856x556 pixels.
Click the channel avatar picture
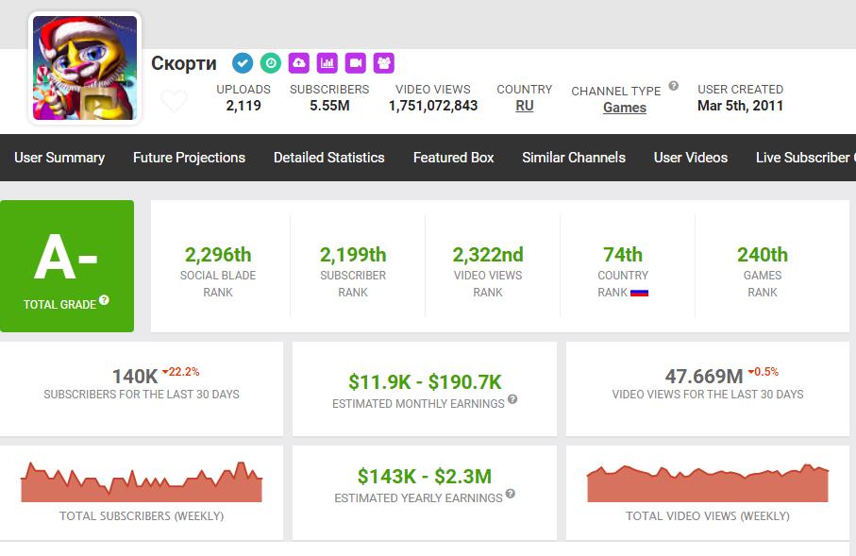(x=85, y=68)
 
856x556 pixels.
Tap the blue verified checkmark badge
(x=243, y=63)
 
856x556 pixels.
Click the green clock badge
(x=270, y=63)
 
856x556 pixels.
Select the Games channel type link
(x=625, y=108)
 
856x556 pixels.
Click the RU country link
(x=524, y=106)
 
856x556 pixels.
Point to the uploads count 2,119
(x=243, y=106)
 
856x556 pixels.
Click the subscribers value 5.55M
(x=329, y=106)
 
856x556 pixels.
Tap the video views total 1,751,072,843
(x=433, y=106)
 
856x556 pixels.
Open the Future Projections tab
(x=189, y=158)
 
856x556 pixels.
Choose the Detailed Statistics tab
(x=328, y=158)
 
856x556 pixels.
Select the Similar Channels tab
(x=574, y=158)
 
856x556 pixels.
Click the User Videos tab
(x=691, y=158)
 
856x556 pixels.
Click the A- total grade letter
(x=65, y=258)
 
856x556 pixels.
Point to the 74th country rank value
(x=623, y=255)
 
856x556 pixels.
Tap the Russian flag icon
(x=639, y=293)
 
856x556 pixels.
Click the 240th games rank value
(x=763, y=255)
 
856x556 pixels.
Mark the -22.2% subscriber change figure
(x=181, y=372)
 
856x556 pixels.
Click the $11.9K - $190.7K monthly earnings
(x=425, y=382)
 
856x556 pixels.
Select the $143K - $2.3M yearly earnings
(x=425, y=477)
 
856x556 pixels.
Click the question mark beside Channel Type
(x=674, y=86)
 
